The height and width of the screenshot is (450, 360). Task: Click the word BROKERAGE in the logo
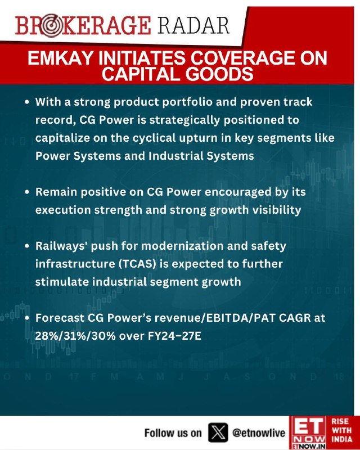coord(83,26)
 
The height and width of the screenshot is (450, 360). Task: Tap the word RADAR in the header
coord(193,26)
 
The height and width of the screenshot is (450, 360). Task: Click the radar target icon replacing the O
coord(51,26)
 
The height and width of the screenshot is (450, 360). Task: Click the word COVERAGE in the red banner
coord(241,58)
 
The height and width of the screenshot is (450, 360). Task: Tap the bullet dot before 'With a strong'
coord(27,102)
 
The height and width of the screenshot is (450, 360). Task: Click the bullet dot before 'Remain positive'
coord(27,192)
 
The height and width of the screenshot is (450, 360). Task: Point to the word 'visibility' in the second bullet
coord(277,210)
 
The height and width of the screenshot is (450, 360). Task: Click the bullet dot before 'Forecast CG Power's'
coord(27,318)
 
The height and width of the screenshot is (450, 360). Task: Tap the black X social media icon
coord(218,433)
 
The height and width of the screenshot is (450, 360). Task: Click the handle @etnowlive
coord(259,433)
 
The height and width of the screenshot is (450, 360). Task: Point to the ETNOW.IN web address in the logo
coord(309,447)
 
